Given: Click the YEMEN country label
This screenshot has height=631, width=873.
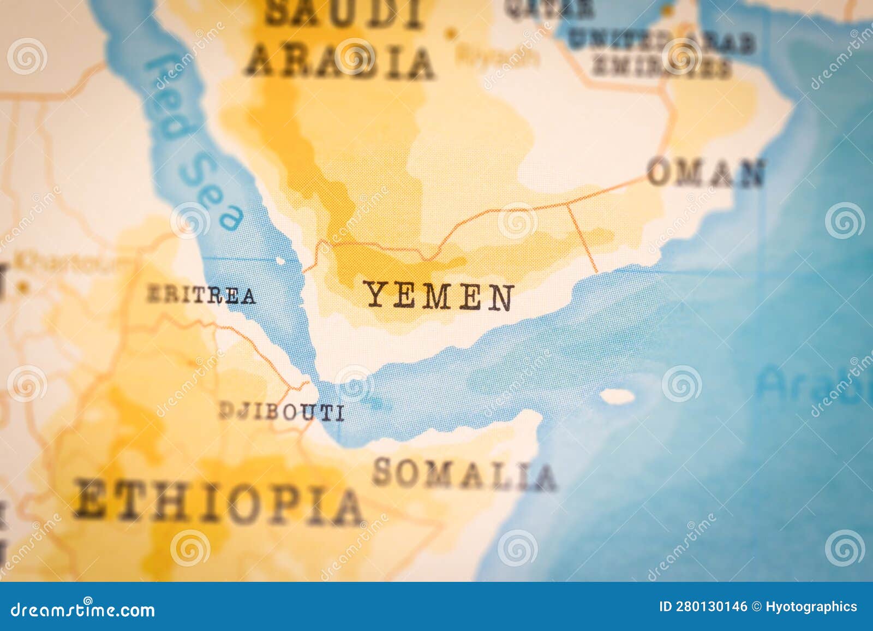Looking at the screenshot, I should tap(439, 296).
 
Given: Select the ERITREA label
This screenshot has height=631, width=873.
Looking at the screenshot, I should tap(201, 295).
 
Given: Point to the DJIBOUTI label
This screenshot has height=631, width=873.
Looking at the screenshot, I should tap(282, 411).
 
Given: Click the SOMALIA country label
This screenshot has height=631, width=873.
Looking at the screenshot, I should tap(464, 474).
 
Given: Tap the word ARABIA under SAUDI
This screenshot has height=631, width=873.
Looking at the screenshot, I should tap(339, 62).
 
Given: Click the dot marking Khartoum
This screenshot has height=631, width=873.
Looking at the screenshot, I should tap(22, 285).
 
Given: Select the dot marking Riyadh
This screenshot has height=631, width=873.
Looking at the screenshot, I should tap(451, 34).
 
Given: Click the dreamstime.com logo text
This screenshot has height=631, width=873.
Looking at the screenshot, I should tap(83, 609).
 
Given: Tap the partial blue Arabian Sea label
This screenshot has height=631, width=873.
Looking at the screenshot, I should tap(813, 384).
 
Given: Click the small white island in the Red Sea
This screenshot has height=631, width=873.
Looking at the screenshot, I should tap(280, 261).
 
